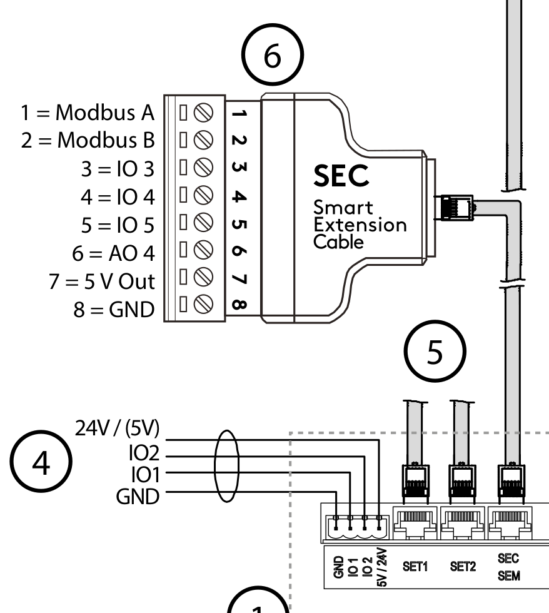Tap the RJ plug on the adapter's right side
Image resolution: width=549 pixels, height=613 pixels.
tap(453, 207)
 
